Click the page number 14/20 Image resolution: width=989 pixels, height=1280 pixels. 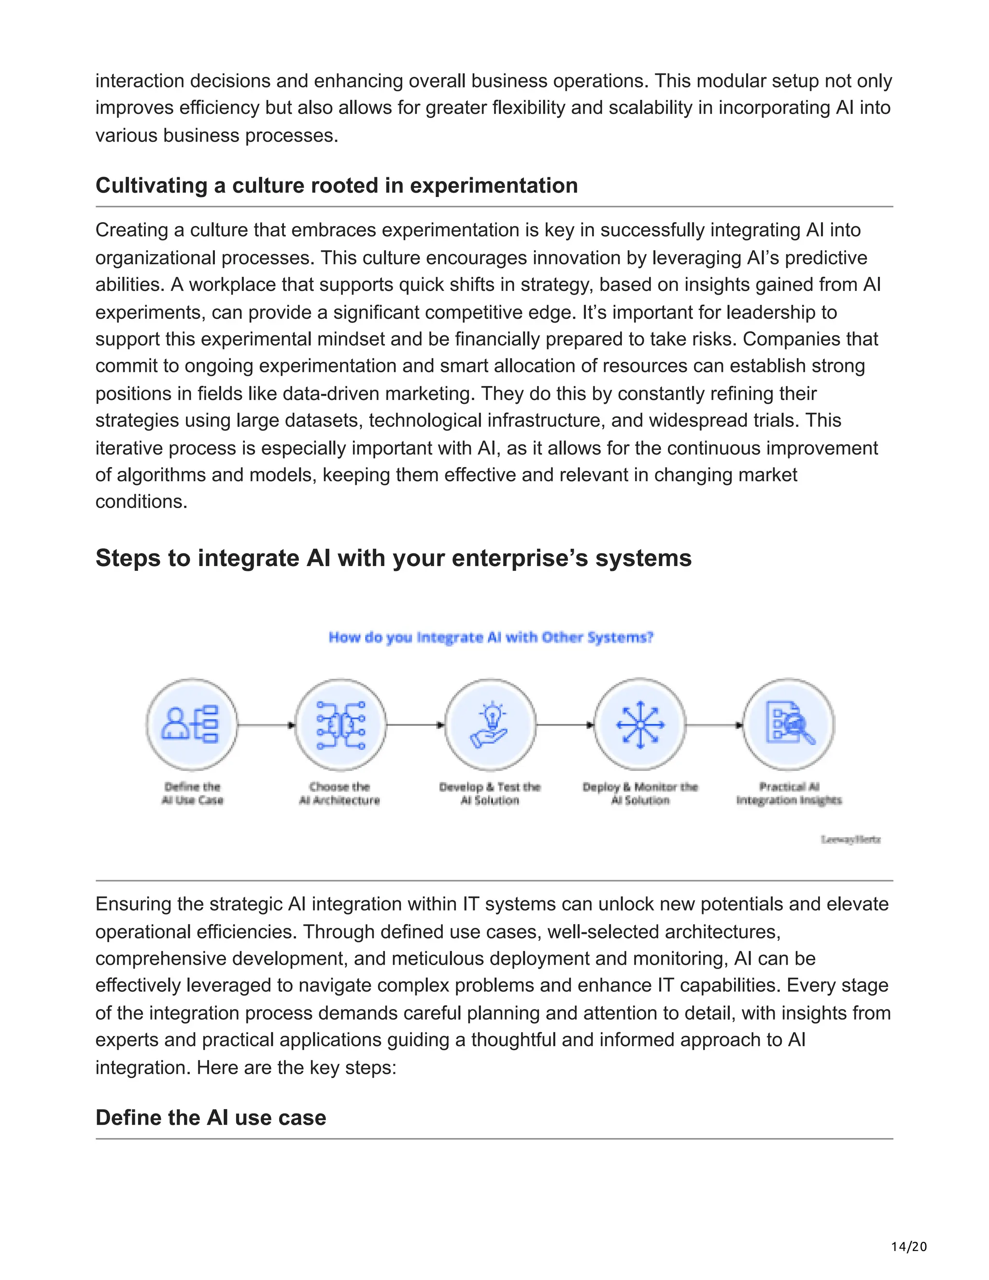click(x=909, y=1247)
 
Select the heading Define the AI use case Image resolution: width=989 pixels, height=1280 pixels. click(x=211, y=1117)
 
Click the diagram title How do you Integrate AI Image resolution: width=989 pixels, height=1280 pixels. click(x=491, y=637)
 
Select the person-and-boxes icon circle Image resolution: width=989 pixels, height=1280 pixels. click(x=192, y=725)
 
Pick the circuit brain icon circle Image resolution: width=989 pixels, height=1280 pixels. click(x=340, y=725)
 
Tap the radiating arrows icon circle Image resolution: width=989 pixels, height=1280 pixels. click(x=640, y=725)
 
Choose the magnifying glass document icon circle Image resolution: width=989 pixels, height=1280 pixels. click(x=789, y=725)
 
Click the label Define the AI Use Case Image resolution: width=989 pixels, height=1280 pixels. click(x=192, y=794)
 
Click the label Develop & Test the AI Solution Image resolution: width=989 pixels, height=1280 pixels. click(x=490, y=794)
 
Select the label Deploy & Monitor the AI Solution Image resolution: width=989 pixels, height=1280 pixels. click(x=640, y=794)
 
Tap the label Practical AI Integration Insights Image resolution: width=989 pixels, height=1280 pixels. click(x=789, y=794)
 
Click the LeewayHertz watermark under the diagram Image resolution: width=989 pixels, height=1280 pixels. click(x=850, y=839)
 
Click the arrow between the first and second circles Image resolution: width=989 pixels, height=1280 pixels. click(x=266, y=725)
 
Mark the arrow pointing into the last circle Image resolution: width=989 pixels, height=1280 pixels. click(x=714, y=725)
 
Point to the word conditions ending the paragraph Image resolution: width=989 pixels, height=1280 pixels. click(x=141, y=502)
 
